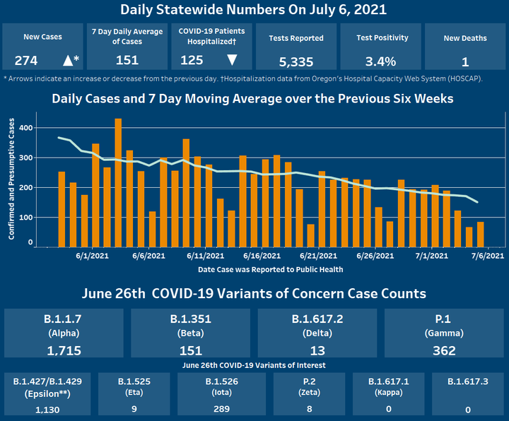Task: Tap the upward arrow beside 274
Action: coord(68,60)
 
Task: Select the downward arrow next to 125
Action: coord(231,60)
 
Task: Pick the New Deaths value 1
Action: coord(464,60)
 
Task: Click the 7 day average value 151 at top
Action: coord(127,60)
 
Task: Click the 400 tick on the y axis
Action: coord(26,128)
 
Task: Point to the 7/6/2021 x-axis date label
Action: coord(488,256)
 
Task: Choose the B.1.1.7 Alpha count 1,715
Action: coord(64,350)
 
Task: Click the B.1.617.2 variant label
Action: coord(317,319)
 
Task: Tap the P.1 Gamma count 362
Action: coord(445,350)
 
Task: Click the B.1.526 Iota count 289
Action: coord(221,408)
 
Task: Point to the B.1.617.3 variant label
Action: coord(467,382)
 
